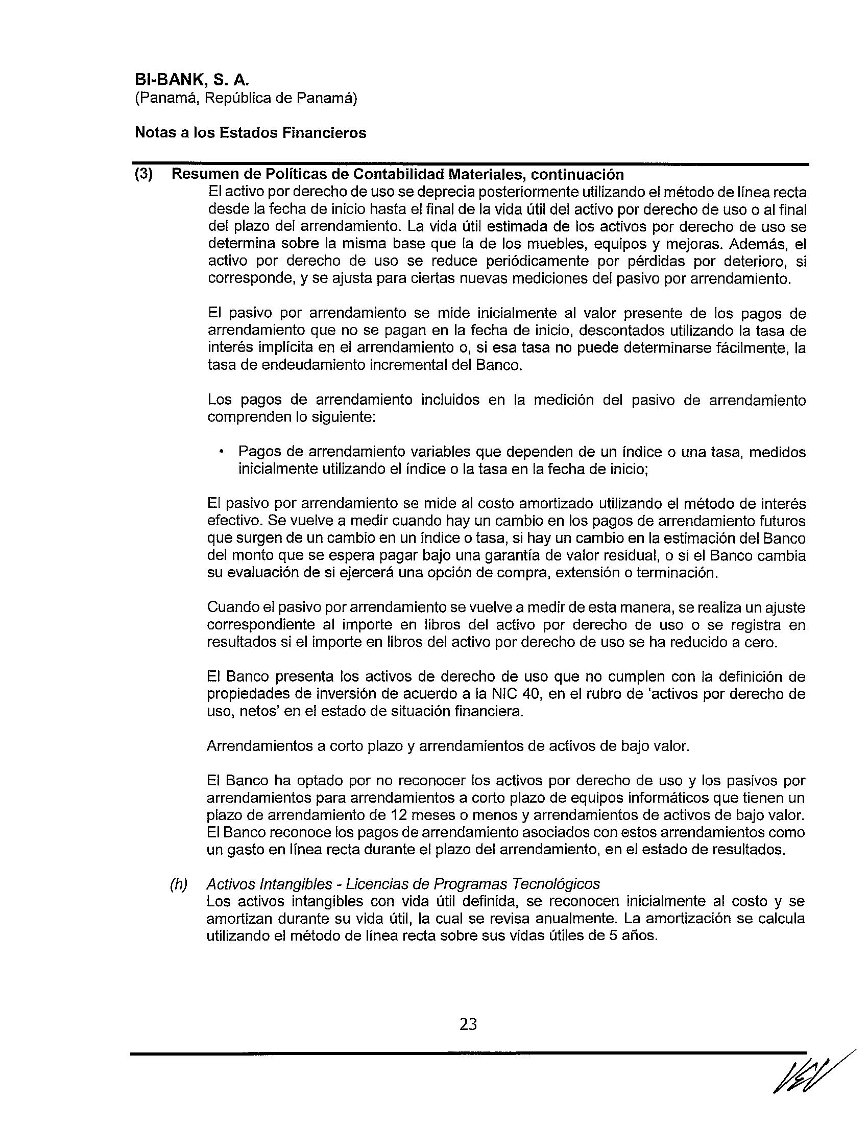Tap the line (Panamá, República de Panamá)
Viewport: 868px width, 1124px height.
click(x=245, y=98)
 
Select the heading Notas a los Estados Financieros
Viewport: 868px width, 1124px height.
click(x=250, y=133)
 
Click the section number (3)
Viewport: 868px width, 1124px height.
click(x=144, y=174)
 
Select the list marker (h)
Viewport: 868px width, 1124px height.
click(x=178, y=884)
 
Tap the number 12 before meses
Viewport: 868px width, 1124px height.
click(x=400, y=815)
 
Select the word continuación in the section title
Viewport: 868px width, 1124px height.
click(x=577, y=174)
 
